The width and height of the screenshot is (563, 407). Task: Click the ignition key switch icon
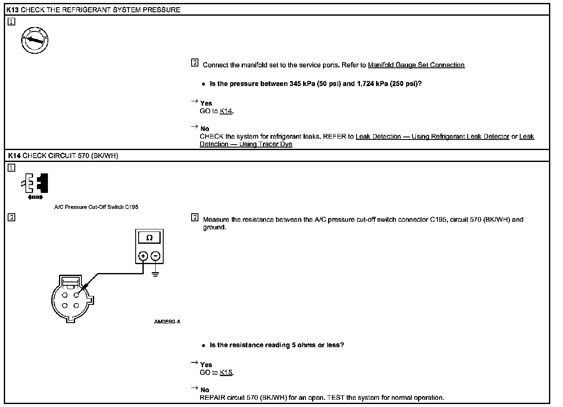tap(35, 40)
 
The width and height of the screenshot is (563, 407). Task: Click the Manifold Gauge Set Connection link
tap(416, 65)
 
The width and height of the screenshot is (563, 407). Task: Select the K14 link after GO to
tap(226, 111)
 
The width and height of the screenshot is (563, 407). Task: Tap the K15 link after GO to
tap(226, 372)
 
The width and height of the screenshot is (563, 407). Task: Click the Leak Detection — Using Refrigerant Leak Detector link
tap(432, 137)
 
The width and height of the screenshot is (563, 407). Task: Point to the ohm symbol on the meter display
tap(149, 238)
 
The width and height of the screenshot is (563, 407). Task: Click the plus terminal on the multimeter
tap(143, 256)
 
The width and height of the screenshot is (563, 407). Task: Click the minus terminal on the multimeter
tap(156, 256)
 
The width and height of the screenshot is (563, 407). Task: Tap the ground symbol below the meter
tap(156, 273)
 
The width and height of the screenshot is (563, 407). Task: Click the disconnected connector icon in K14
tap(36, 186)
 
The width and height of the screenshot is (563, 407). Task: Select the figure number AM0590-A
tap(167, 322)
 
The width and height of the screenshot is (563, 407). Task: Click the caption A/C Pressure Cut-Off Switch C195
tap(96, 207)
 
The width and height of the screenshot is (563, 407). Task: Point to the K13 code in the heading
tap(13, 10)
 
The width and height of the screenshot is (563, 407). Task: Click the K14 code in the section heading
tap(14, 156)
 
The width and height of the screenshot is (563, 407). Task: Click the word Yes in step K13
tap(206, 103)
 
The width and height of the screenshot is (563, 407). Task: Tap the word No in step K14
tap(205, 390)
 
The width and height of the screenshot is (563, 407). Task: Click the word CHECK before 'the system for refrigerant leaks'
tap(212, 137)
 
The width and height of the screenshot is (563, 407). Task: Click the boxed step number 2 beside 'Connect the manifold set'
tap(195, 63)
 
